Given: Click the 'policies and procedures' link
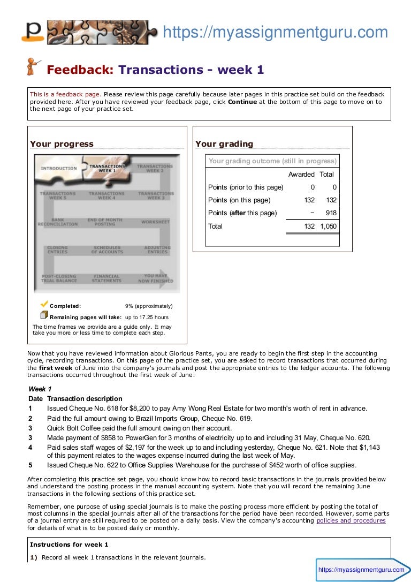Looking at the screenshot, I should tap(351, 520).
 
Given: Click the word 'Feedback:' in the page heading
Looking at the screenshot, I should tap(80, 70).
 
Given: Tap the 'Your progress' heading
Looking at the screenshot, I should tap(62, 143).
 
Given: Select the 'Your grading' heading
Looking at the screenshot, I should tap(224, 143).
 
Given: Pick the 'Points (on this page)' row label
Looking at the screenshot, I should tap(239, 200).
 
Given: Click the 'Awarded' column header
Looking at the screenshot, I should tap(301, 175).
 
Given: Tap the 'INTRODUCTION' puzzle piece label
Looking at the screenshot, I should tap(59, 169).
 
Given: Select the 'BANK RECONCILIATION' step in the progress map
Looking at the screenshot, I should tap(58, 222).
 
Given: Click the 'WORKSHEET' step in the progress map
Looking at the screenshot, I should tap(155, 222).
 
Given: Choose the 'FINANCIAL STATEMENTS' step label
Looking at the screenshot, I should tap(106, 278).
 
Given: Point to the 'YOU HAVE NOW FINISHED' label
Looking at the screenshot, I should tap(155, 278).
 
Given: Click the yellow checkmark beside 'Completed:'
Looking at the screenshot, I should tap(44, 304).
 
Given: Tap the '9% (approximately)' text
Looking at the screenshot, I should tap(149, 306).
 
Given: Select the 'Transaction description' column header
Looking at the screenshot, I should tap(85, 399).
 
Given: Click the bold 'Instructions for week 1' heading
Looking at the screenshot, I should tap(69, 545).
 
